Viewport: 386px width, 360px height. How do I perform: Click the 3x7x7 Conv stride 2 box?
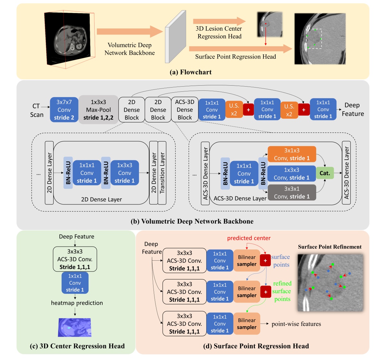pyautogui.click(x=64, y=110)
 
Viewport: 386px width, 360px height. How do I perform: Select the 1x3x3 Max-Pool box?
pyautogui.click(x=98, y=110)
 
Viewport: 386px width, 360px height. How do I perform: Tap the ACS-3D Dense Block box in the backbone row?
pyautogui.click(x=185, y=110)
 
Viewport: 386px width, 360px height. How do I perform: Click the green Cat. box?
pyautogui.click(x=325, y=173)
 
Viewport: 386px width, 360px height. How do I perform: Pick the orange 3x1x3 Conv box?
pyautogui.click(x=292, y=154)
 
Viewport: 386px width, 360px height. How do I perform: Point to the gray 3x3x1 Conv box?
pyautogui.click(x=292, y=193)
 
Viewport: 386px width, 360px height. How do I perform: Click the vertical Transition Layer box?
pyautogui.click(x=162, y=173)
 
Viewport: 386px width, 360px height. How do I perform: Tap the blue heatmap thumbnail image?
pyautogui.click(x=75, y=327)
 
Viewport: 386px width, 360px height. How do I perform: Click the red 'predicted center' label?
pyautogui.click(x=249, y=238)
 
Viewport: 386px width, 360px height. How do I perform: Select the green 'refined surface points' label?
pyautogui.click(x=282, y=291)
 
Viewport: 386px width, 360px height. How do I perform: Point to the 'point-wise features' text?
pyautogui.click(x=296, y=324)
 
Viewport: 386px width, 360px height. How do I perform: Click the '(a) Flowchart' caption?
pyautogui.click(x=191, y=72)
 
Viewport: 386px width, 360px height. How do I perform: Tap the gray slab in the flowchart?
pyautogui.click(x=175, y=37)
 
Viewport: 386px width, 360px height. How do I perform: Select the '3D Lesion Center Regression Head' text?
pyautogui.click(x=219, y=33)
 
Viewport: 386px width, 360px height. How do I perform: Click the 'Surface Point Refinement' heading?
pyautogui.click(x=330, y=247)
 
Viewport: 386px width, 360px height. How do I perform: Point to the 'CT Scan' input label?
pyautogui.click(x=36, y=110)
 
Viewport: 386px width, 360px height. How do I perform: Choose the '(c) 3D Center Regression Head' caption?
pyautogui.click(x=77, y=346)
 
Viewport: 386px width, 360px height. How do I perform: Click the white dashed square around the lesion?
pyautogui.click(x=314, y=39)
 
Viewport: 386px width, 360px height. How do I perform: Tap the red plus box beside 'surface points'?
pyautogui.click(x=265, y=261)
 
